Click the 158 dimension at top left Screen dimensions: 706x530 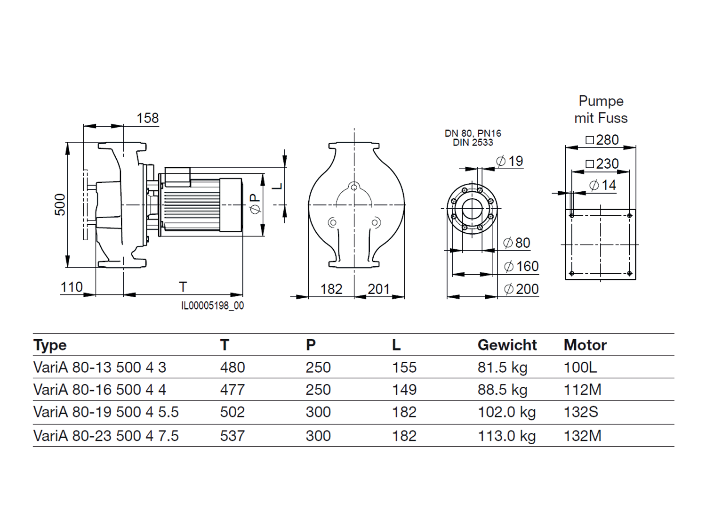tap(148, 118)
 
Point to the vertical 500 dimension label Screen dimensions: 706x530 tap(60, 204)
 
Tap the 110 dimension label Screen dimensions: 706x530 tap(72, 287)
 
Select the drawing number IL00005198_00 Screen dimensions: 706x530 tap(213, 305)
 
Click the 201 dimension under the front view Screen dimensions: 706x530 tap(379, 289)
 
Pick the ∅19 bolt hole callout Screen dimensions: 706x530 tap(509, 161)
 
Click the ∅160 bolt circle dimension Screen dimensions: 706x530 tap(521, 267)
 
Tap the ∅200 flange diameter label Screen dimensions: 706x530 tap(521, 289)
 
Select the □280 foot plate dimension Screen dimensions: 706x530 tap(602, 140)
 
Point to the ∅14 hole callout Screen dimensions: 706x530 tap(602, 185)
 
